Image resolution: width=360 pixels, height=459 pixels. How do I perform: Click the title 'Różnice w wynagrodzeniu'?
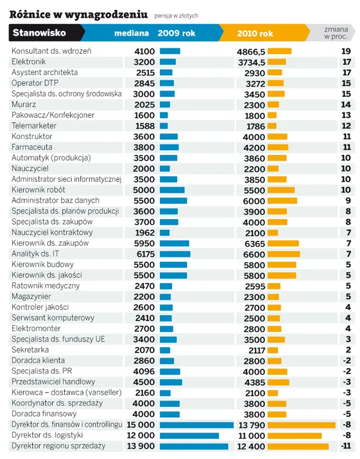tap(79, 13)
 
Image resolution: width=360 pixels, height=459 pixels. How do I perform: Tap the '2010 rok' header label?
tap(255, 33)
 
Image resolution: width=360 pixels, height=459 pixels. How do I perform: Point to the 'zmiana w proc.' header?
tap(336, 33)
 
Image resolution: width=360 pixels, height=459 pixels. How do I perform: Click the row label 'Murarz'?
tap(24, 105)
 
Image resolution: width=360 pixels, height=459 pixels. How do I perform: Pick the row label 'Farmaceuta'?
tap(32, 147)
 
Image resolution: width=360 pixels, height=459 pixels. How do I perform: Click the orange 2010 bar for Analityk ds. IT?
tap(284, 254)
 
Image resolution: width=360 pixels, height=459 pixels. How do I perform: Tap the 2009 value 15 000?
tap(142, 425)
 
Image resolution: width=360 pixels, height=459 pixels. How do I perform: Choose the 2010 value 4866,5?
tap(251, 51)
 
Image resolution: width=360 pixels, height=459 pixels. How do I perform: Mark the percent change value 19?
tap(346, 51)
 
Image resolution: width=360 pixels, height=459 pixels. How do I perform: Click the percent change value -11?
tap(346, 446)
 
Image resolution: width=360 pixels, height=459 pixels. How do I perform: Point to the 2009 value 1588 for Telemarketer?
tap(145, 126)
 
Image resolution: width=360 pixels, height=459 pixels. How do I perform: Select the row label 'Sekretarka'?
tap(30, 350)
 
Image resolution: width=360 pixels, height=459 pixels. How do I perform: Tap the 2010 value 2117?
tap(255, 350)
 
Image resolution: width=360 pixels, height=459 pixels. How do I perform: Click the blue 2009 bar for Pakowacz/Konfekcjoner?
tap(163, 115)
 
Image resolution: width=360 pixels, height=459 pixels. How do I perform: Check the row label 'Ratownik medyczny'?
tap(45, 286)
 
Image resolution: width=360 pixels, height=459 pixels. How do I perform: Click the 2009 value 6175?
tap(145, 254)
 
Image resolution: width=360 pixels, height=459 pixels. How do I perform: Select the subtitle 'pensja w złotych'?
tap(176, 16)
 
